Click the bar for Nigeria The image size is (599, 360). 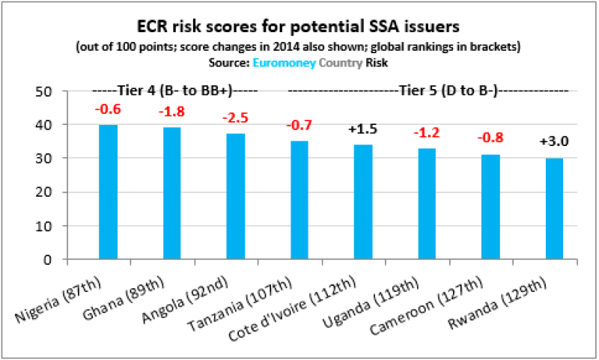(x=109, y=192)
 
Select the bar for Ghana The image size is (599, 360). (x=172, y=194)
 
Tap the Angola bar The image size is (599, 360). (x=236, y=197)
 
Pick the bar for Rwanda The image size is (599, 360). (x=554, y=209)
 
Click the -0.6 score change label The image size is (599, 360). (x=109, y=110)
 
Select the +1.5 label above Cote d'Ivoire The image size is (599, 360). (x=363, y=129)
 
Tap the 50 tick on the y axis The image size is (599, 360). (x=49, y=91)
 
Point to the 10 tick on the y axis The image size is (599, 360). (x=49, y=226)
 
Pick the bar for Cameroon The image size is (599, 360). (x=490, y=207)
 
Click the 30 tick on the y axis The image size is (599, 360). (x=49, y=159)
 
